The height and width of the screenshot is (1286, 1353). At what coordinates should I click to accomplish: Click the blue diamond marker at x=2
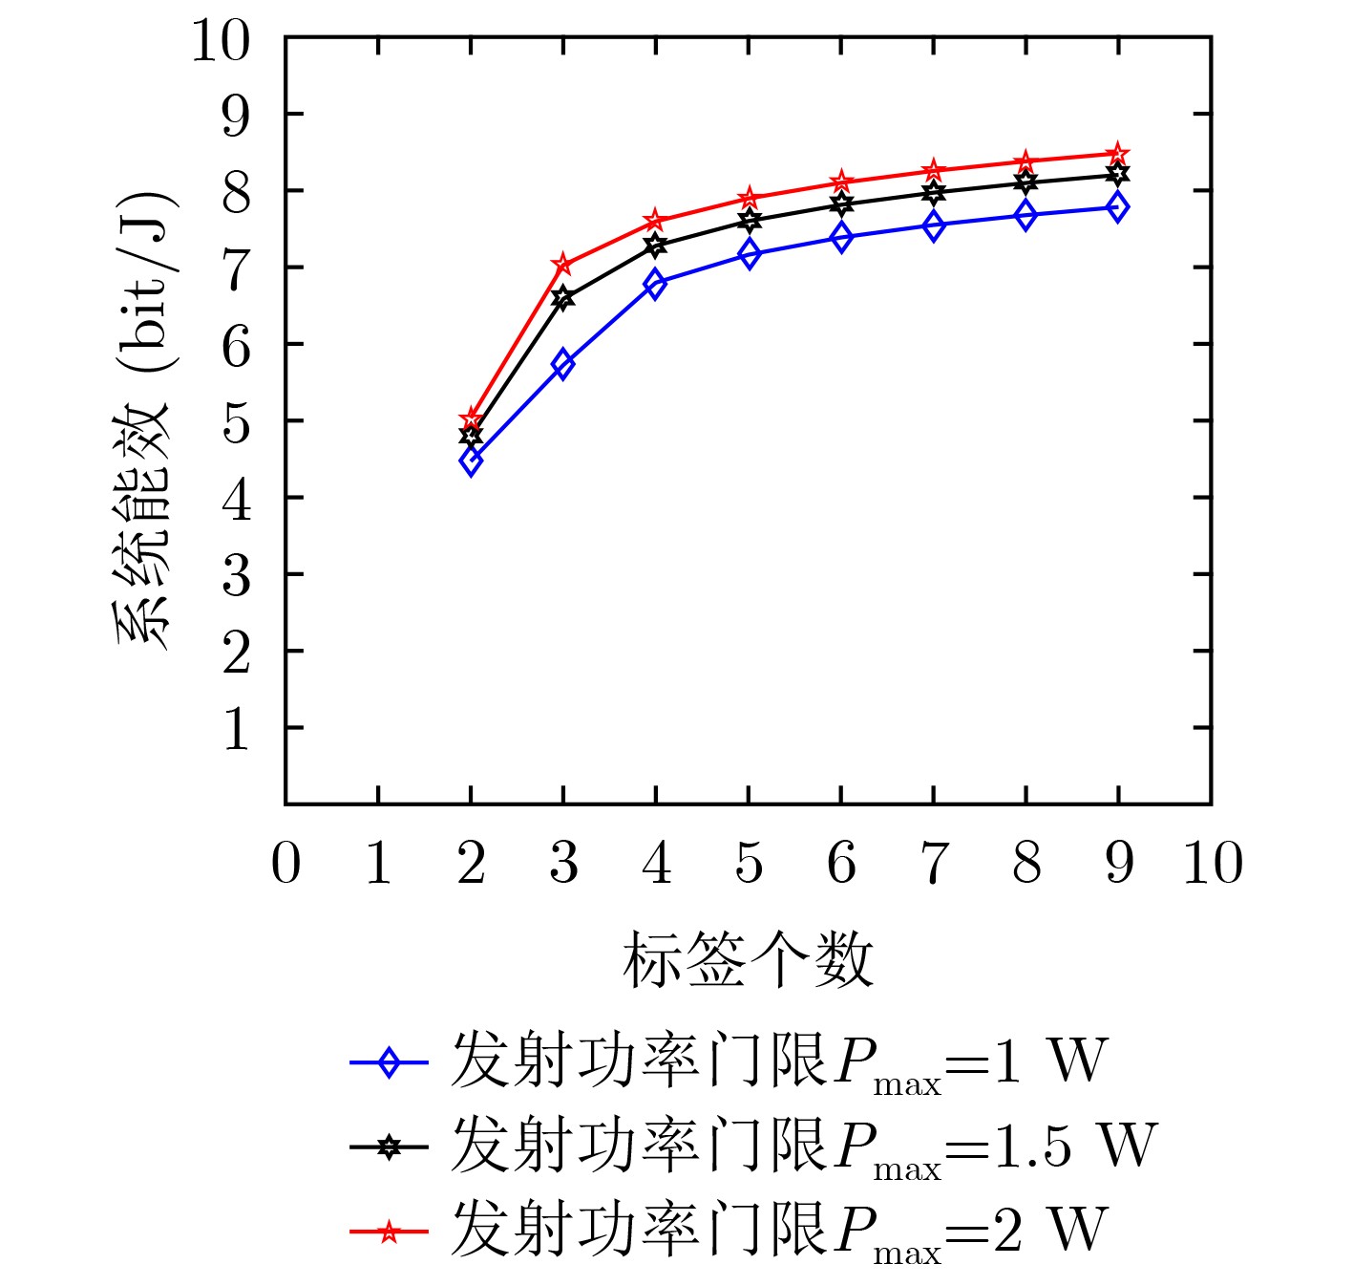pos(471,461)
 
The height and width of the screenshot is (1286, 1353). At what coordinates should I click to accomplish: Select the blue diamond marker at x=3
pos(563,364)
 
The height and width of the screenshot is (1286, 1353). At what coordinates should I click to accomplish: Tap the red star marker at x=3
pos(563,264)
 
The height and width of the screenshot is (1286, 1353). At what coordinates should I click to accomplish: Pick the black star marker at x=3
pos(563,298)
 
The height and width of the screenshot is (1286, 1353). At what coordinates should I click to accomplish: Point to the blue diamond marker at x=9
pos(1118,206)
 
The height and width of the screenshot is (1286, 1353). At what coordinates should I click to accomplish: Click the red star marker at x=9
pos(1118,154)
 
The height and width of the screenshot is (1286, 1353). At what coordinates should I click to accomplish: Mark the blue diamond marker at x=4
pos(656,284)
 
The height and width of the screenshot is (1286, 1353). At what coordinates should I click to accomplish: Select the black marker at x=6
pos(841,204)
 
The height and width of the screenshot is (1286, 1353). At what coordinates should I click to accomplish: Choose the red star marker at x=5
pos(749,199)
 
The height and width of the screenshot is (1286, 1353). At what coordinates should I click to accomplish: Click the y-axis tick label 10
pos(221,40)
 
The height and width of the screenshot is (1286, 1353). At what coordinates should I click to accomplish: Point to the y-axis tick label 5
pos(236,421)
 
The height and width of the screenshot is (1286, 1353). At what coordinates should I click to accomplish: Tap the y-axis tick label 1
pos(236,728)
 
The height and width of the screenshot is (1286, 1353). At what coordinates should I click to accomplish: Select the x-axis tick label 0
pos(285,864)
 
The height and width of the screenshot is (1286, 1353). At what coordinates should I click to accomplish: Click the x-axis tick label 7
pos(934,864)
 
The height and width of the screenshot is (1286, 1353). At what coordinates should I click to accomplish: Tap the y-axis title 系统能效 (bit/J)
pos(143,420)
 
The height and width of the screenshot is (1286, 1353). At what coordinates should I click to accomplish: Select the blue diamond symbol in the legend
pos(388,1062)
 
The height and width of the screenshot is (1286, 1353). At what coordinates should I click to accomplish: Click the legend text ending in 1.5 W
pos(803,1146)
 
